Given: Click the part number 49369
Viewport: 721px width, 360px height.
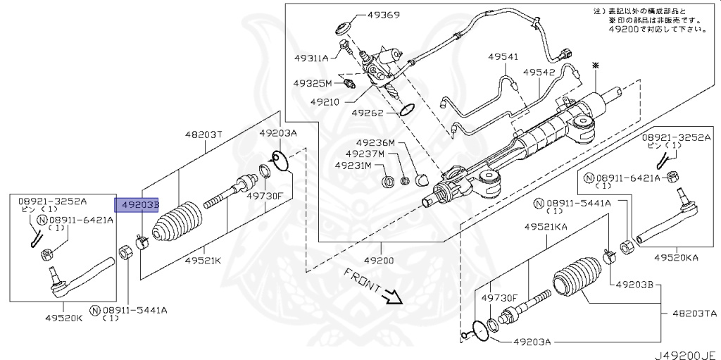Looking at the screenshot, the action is [x=383, y=15].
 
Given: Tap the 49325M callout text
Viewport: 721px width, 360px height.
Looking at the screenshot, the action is [x=312, y=83].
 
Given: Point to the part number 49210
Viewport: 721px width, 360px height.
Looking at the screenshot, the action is [x=325, y=101].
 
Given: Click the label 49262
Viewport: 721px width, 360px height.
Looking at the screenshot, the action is [x=368, y=112].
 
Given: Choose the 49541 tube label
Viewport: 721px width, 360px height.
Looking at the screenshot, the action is [x=503, y=57].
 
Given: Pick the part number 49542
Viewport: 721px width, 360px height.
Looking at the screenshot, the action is [x=539, y=73].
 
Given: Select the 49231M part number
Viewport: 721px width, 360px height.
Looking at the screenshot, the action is [x=353, y=165].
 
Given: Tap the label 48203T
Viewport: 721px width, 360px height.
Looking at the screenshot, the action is [x=203, y=135].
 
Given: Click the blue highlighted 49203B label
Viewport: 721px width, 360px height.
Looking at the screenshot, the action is [x=137, y=204].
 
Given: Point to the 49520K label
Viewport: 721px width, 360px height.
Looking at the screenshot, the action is [x=64, y=318].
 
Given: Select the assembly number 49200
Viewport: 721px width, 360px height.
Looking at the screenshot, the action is [x=379, y=261].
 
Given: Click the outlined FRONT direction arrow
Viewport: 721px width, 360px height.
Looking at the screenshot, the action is [x=393, y=297].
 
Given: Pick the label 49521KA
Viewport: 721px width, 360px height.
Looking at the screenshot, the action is [x=546, y=226].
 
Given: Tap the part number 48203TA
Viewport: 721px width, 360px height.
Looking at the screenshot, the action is [x=695, y=314].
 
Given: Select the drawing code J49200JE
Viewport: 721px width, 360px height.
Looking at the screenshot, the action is [x=685, y=355].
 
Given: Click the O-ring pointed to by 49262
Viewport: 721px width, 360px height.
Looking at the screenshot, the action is [x=408, y=110].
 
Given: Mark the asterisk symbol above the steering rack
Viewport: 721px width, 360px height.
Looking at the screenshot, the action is [x=596, y=66].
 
